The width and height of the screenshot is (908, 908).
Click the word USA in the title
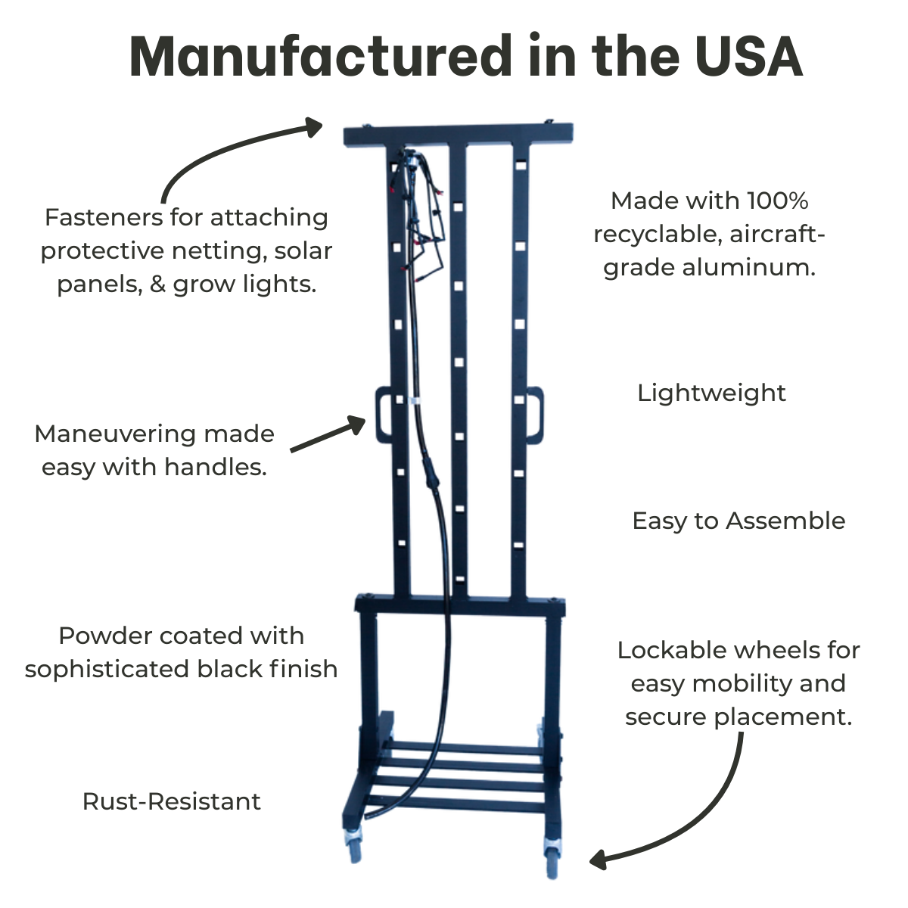coord(748,56)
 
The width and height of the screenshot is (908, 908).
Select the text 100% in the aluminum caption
coord(778,201)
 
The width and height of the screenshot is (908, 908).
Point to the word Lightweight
coord(711,393)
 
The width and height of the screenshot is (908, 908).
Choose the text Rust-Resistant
coord(172,801)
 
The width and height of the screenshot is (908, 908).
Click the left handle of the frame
coord(381,414)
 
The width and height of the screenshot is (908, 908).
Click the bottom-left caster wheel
coord(354,846)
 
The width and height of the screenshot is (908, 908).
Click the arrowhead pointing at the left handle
coord(356,424)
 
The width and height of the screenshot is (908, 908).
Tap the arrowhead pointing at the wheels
coord(599,860)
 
